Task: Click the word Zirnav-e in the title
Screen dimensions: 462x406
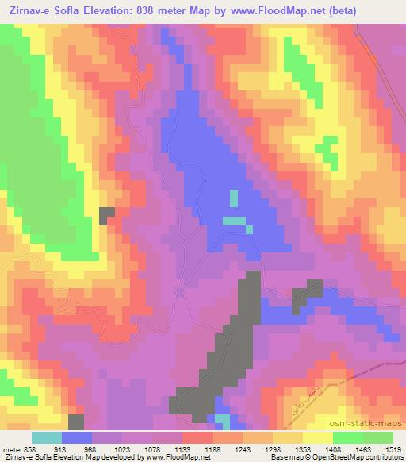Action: coord(30,11)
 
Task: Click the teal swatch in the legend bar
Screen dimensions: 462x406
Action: coord(47,437)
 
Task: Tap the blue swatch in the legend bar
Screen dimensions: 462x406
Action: coord(77,437)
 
